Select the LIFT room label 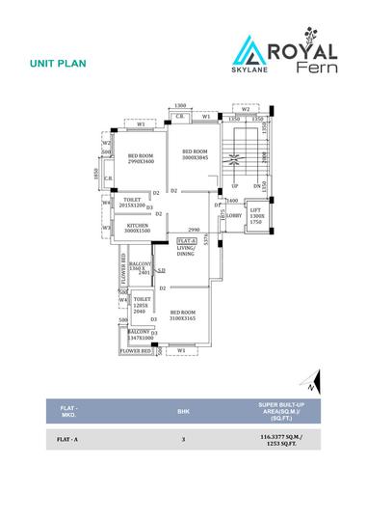255,215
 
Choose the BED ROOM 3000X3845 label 196,155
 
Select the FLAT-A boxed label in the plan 187,239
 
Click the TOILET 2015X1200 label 130,203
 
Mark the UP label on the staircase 234,185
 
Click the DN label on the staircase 257,185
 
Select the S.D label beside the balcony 161,270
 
